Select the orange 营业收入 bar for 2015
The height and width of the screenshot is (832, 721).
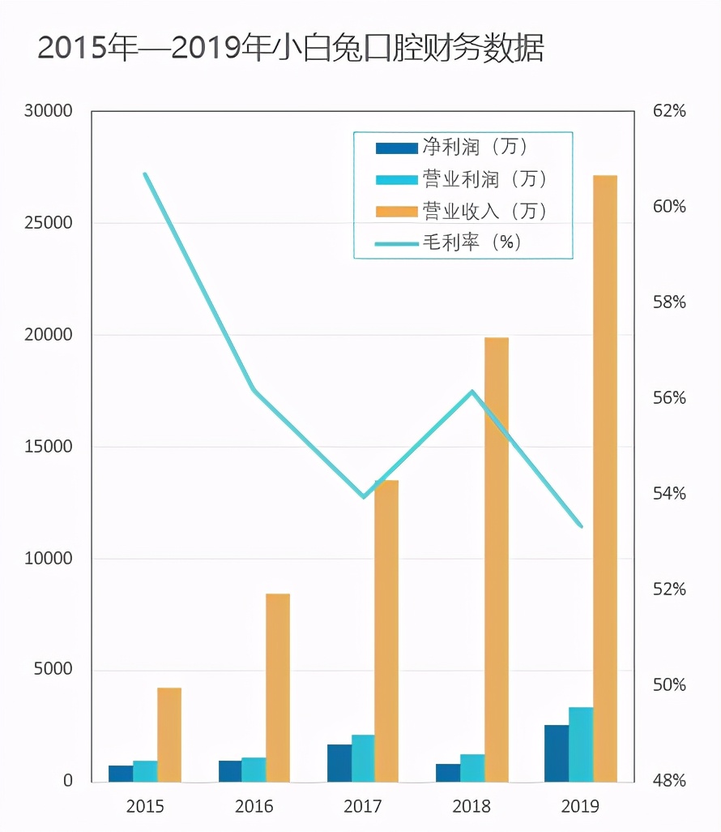coord(169,735)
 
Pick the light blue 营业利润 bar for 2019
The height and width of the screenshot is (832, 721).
coord(580,744)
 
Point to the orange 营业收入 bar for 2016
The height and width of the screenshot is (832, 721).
coord(278,688)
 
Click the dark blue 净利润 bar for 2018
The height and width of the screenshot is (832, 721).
coord(448,773)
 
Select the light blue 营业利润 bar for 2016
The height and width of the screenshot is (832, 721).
coord(254,770)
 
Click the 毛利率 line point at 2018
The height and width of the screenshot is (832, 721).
coord(472,392)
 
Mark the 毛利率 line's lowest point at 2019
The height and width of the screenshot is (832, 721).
coord(581,525)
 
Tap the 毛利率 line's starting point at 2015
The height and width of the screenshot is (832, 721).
coord(146,174)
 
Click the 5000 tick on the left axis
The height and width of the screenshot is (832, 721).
coord(53,670)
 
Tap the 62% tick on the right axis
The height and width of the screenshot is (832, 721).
coord(669,111)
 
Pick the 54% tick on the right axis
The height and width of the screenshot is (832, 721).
coord(669,493)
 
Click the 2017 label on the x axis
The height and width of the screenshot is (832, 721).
coord(362,806)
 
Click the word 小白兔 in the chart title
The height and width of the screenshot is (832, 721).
coord(310,49)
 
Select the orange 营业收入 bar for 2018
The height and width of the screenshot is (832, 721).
coord(496,560)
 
